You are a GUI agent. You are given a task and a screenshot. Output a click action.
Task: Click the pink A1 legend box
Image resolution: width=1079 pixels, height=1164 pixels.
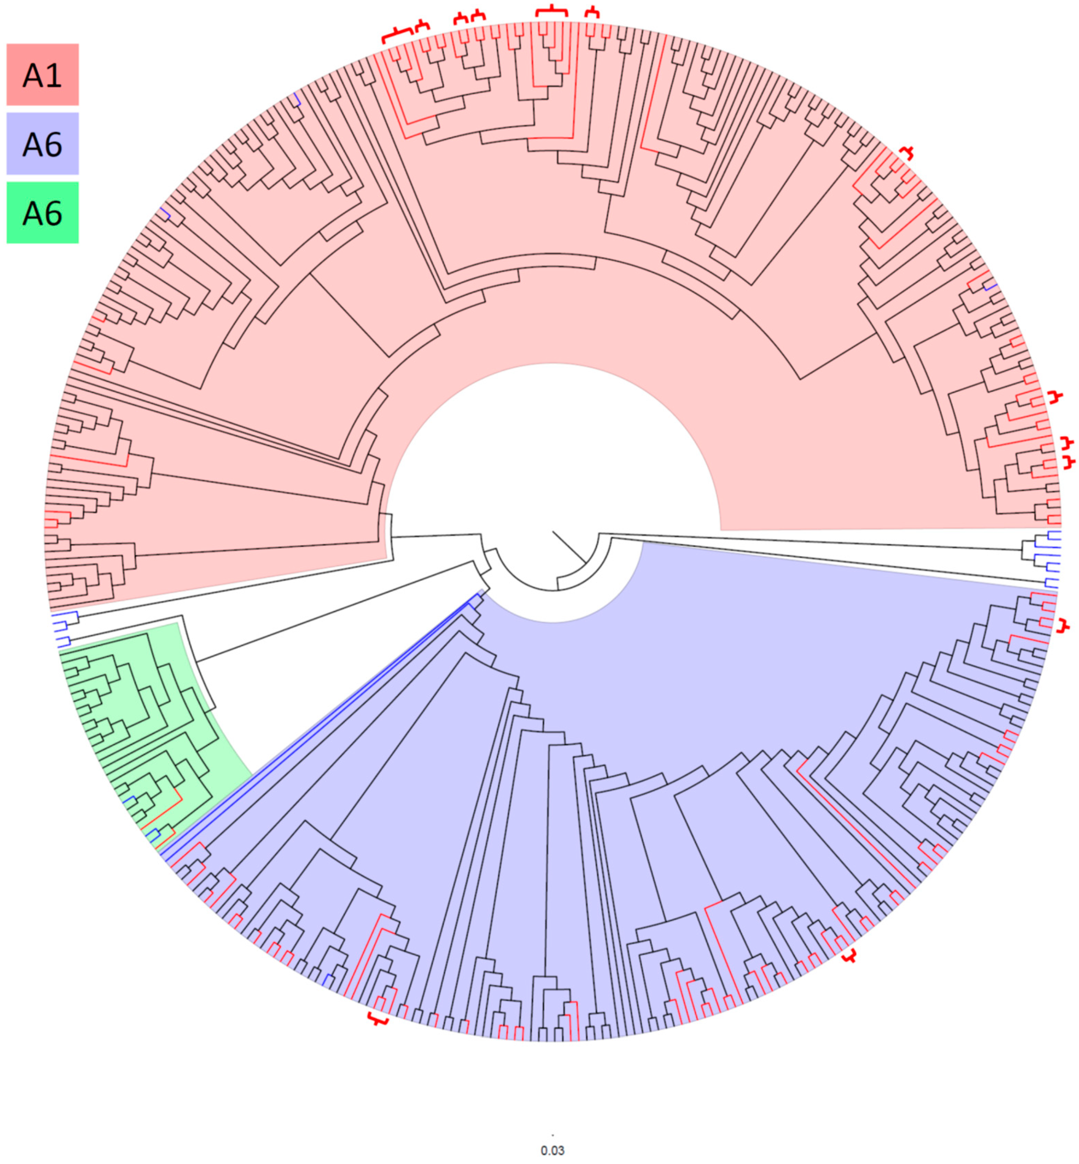(43, 74)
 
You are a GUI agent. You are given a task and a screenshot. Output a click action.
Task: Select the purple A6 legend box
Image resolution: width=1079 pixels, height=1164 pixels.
(43, 144)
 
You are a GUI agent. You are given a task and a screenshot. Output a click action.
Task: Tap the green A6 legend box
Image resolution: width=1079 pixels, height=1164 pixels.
(43, 213)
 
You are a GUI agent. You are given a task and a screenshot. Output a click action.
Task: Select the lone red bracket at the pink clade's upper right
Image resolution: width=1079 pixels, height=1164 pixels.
(906, 153)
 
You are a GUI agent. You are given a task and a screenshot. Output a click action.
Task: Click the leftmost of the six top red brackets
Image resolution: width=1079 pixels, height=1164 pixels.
(397, 35)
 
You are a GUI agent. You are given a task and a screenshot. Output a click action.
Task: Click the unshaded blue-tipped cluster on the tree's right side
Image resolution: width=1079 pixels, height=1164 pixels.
(1042, 558)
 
